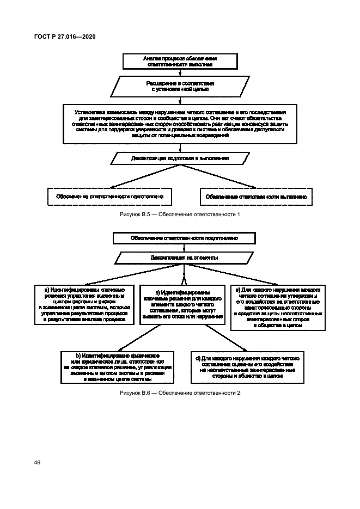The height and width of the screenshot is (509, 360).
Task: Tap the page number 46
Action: [37, 462]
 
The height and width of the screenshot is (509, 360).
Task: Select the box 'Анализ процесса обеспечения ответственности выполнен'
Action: [179, 60]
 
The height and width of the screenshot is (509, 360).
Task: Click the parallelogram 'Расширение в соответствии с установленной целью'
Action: [180, 86]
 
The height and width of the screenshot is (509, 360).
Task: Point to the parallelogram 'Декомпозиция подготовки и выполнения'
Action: [180, 158]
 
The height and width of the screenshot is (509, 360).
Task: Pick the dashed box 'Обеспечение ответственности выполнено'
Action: [256, 196]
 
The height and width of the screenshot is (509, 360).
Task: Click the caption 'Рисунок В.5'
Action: [180, 214]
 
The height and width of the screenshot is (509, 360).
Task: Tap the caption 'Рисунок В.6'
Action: [180, 393]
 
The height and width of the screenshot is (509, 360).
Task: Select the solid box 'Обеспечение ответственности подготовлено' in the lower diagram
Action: [184, 238]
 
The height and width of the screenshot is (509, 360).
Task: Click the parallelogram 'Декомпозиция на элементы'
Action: [184, 257]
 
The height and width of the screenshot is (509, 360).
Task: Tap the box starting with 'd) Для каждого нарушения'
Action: [248, 367]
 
